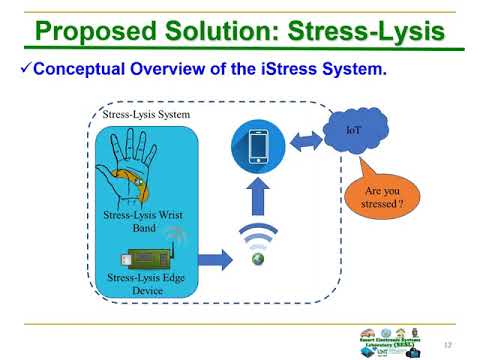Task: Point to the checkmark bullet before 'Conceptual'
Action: pos(27,71)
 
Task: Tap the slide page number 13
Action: pos(462,343)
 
